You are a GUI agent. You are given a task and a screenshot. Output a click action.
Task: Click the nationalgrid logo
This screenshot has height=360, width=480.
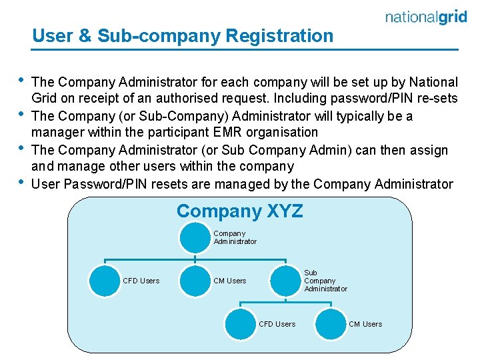[x=426, y=17]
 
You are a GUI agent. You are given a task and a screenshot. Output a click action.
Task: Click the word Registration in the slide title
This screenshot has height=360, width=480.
[x=279, y=35]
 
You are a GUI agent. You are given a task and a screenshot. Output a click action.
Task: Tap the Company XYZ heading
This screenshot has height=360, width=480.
[x=239, y=211]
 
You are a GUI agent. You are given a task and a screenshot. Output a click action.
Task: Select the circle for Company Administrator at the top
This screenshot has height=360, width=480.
[x=194, y=237]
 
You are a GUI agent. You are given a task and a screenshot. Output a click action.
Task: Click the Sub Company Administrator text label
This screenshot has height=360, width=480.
[x=325, y=281]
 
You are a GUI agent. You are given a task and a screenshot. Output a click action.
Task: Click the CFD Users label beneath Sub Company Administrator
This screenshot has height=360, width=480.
[x=277, y=324]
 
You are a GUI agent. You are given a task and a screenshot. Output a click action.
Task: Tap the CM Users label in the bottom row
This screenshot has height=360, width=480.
[x=365, y=324]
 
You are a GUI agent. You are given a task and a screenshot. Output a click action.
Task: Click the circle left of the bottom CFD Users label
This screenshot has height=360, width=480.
[x=240, y=323]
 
